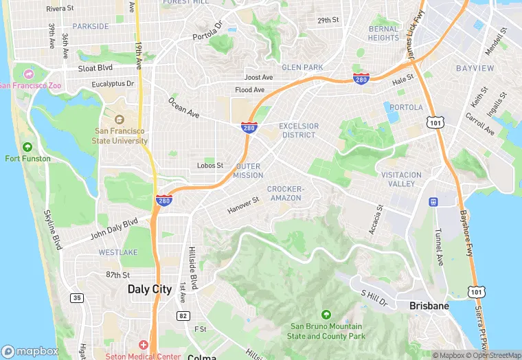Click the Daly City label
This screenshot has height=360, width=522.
point(150,289)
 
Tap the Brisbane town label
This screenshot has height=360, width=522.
point(429,306)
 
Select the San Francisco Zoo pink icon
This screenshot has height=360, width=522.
point(27,74)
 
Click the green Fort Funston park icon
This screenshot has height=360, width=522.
point(27,146)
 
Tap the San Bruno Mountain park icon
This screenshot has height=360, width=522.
point(326,314)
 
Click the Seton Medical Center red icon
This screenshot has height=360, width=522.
point(144,344)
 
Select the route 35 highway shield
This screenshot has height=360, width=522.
point(76,297)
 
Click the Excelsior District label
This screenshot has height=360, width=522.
point(299,131)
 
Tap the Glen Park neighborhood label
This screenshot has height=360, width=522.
point(302,67)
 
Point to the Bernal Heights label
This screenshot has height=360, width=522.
point(383,33)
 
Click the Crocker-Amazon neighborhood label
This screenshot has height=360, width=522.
point(285,193)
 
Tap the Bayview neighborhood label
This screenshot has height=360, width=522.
point(475,68)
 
